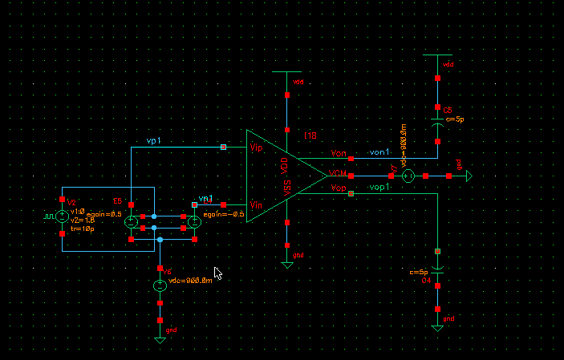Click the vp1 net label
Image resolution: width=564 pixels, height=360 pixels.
point(153,141)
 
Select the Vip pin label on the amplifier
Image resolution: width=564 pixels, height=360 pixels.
point(255,148)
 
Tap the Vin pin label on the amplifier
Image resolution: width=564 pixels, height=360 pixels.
point(255,205)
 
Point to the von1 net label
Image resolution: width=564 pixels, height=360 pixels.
point(379,152)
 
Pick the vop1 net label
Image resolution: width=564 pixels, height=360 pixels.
point(379,187)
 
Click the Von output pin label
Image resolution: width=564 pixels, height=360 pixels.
point(338,153)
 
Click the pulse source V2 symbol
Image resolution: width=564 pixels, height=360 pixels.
point(62,216)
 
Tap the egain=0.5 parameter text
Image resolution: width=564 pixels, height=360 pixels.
point(104,214)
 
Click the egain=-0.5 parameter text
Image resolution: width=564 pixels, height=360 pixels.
point(223,214)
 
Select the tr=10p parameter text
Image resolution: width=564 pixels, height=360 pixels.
point(82,229)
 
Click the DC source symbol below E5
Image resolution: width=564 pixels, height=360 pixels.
point(160,285)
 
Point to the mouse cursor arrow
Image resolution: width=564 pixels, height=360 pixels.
point(217,273)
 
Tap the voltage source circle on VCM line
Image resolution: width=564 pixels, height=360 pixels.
point(407,176)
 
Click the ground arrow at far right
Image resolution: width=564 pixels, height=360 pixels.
point(468,176)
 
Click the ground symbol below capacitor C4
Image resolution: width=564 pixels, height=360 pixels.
point(437,327)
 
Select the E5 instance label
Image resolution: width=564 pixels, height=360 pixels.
point(117,200)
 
